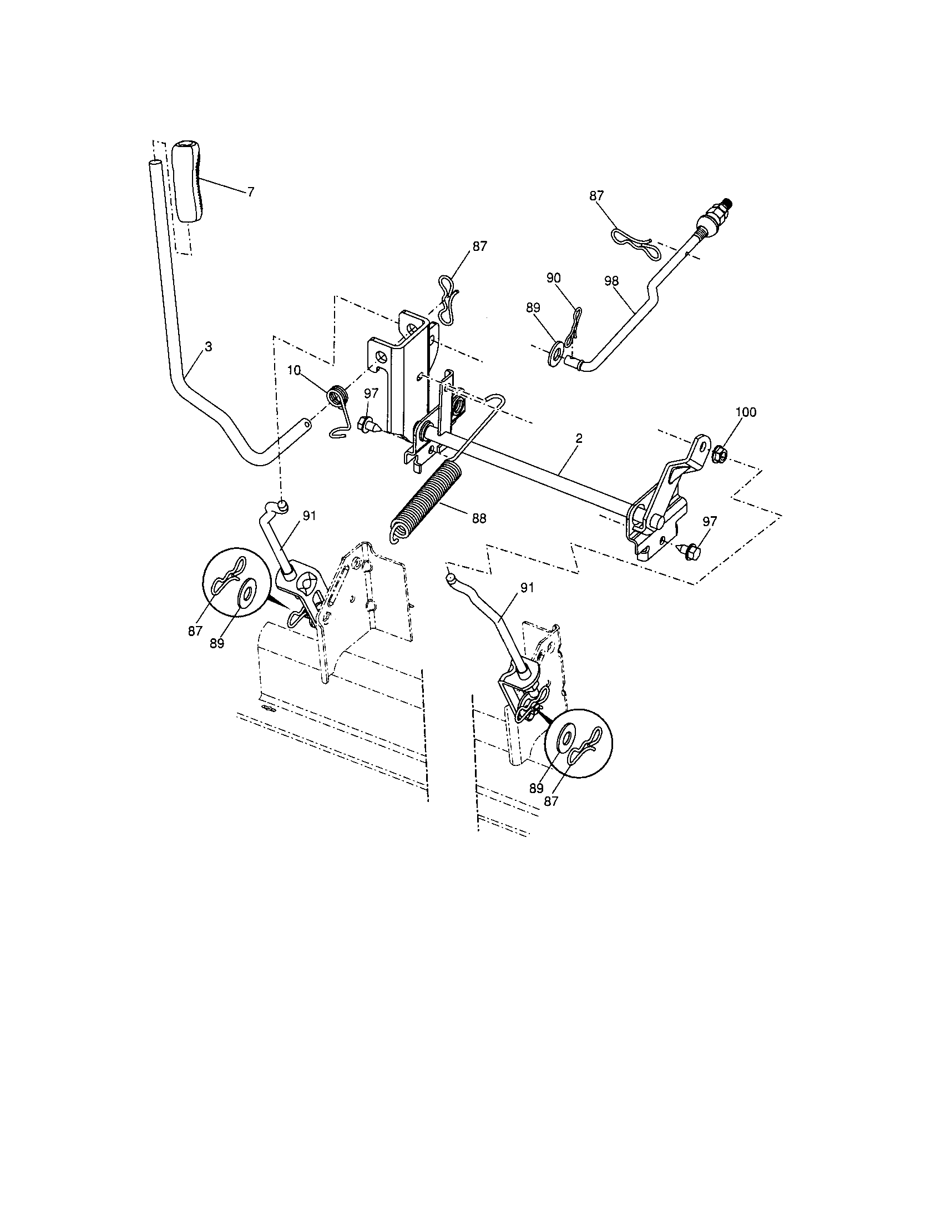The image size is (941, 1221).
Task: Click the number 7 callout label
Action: tap(250, 192)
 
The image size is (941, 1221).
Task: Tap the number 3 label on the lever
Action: tap(209, 347)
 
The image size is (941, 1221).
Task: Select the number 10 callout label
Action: tap(295, 370)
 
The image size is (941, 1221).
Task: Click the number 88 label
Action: tap(479, 518)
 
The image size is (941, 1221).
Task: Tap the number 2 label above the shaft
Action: tap(578, 439)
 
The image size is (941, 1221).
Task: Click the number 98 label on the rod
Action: tap(612, 281)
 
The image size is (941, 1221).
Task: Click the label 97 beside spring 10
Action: tap(371, 393)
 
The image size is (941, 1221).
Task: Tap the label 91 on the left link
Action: tap(309, 516)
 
